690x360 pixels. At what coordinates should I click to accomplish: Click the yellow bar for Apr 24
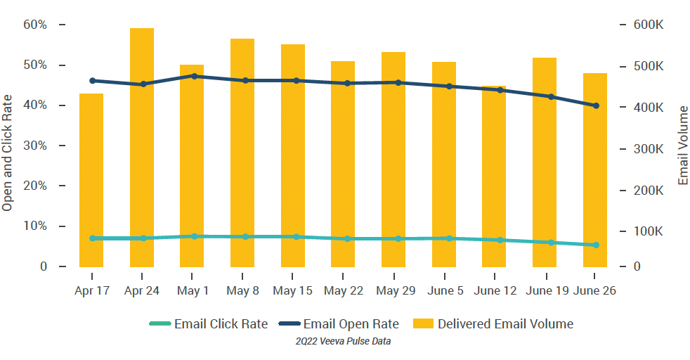coord(142,148)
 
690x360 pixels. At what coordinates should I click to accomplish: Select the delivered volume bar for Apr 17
coord(91,180)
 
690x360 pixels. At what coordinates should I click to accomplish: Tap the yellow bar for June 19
coord(545,162)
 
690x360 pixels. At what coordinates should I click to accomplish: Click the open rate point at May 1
coord(193,76)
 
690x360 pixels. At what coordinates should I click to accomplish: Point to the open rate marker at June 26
coord(596,105)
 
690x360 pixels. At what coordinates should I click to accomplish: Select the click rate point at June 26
coord(596,245)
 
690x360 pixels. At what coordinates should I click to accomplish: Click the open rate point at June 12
coord(500,90)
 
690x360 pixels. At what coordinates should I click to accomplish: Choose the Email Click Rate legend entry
coord(209,324)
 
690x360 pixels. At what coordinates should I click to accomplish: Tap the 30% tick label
coord(35,146)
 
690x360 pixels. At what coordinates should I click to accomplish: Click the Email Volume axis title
coord(684,146)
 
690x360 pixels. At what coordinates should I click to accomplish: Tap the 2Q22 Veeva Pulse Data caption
coord(344,342)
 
